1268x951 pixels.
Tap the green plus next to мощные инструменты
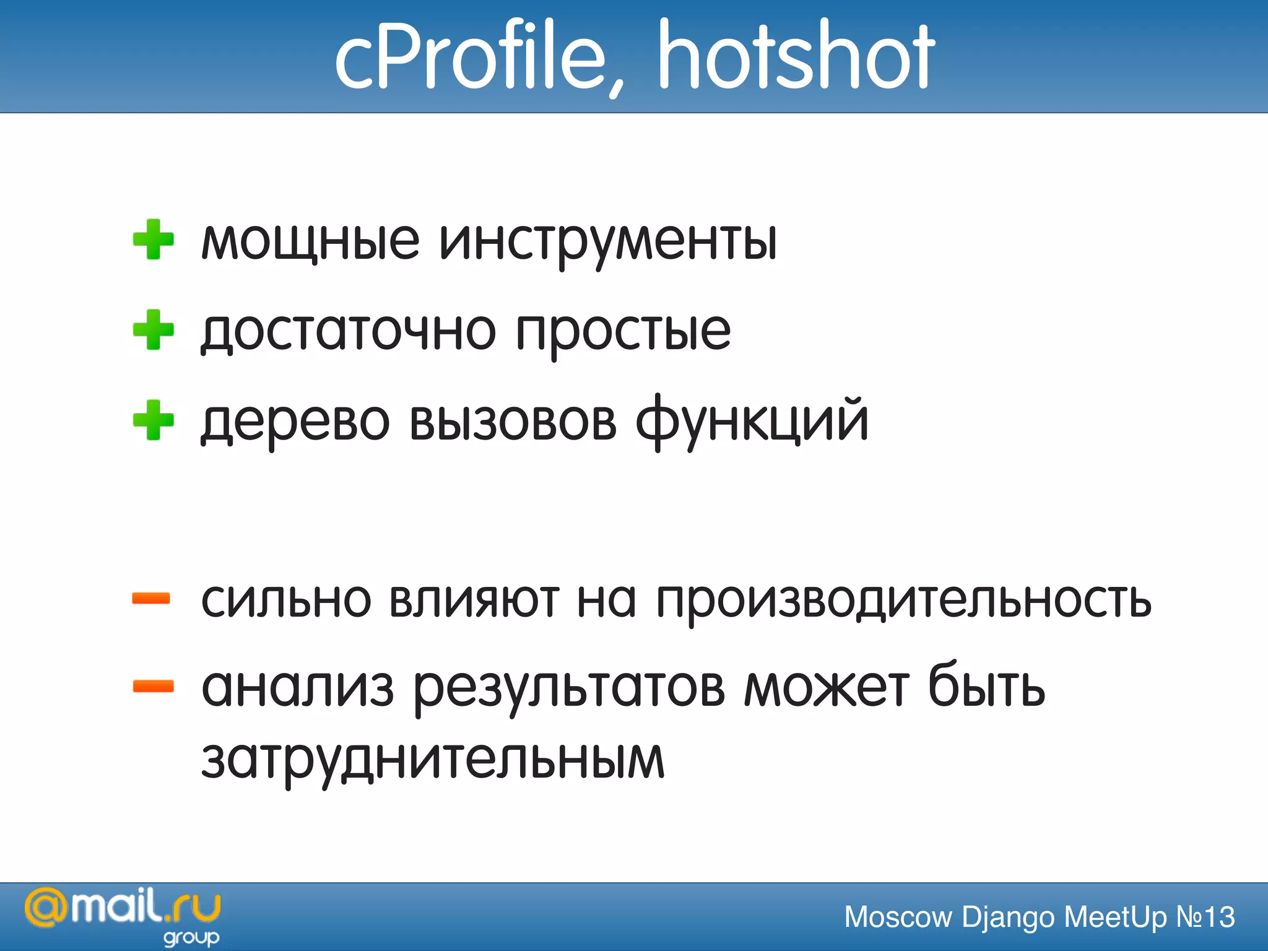pos(154,240)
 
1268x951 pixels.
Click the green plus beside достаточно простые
pos(154,330)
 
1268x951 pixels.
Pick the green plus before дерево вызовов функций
pos(154,420)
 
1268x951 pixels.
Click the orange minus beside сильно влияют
pos(152,598)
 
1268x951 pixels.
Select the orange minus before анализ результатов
pos(153,686)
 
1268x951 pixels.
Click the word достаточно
pos(348,332)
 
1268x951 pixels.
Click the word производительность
pos(903,601)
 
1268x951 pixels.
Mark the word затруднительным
pos(433,760)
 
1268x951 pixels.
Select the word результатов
pos(568,690)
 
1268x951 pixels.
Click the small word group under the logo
pos(191,937)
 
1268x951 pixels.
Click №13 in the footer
pos(1205,917)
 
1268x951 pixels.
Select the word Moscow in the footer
pos(898,917)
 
